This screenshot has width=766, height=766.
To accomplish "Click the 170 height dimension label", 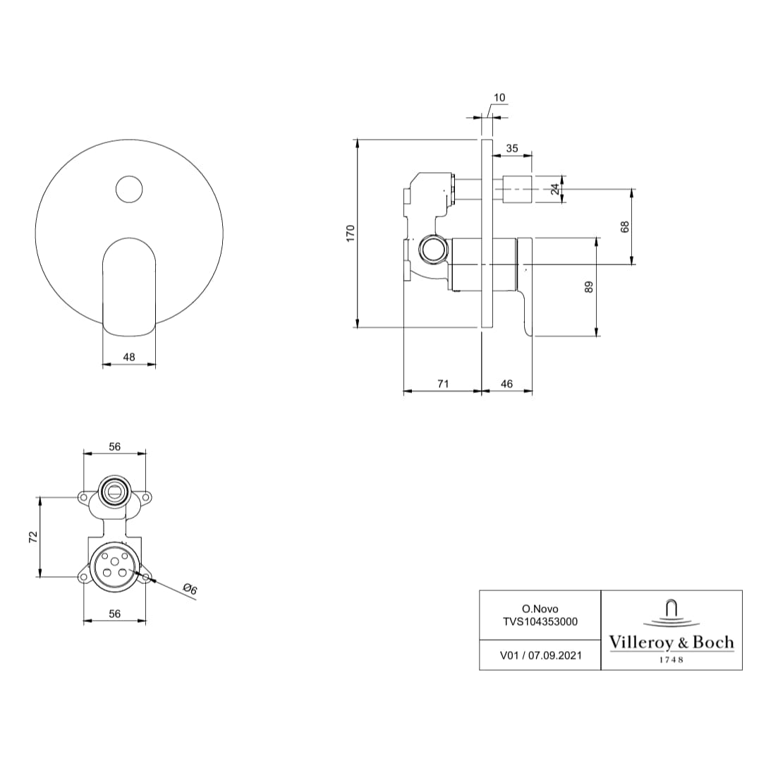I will [351, 233].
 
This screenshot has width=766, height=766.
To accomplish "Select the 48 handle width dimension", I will [129, 358].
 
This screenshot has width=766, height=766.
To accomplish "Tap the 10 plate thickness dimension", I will [499, 97].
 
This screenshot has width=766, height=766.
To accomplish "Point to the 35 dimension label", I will [512, 148].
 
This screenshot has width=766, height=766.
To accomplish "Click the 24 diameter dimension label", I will [554, 189].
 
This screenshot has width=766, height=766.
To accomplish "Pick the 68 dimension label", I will [624, 226].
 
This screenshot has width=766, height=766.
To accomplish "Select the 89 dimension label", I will [590, 287].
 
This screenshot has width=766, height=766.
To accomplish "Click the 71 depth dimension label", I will [443, 384].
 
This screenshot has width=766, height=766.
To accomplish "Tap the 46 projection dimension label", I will [506, 384].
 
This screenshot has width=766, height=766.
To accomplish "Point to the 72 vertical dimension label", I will [32, 537].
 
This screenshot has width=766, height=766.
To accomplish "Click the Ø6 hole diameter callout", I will [189, 589].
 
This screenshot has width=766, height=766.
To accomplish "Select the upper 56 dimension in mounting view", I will [115, 446].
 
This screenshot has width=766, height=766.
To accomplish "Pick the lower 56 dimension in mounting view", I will [115, 614].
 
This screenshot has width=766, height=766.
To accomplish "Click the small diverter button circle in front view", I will [129, 189].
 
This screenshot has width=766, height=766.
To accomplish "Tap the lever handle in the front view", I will [129, 289].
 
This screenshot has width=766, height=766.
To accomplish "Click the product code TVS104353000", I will [540, 621].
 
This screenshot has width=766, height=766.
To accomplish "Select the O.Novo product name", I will [540, 608].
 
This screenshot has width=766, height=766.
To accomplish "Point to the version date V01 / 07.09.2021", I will [540, 655].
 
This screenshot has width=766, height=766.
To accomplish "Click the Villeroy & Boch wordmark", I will [671, 643].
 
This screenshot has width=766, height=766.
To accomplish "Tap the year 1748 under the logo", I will [671, 660].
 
